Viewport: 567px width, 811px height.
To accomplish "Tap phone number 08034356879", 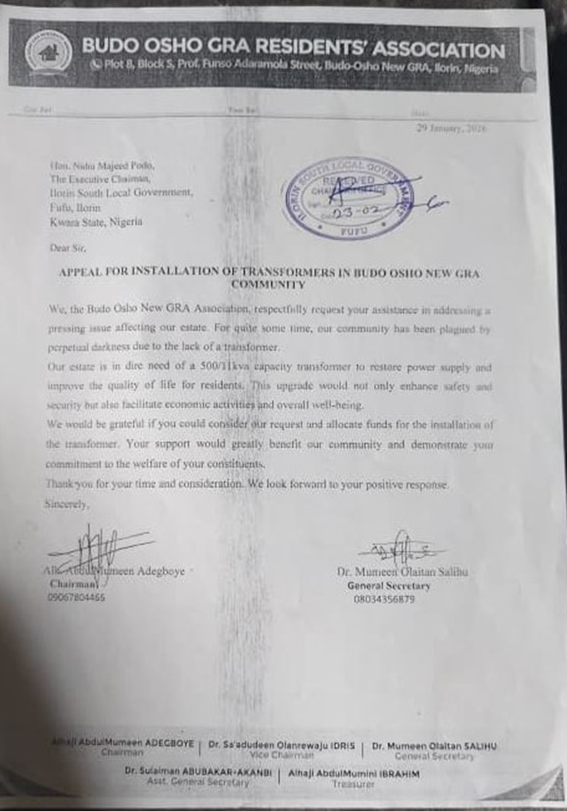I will [384, 599].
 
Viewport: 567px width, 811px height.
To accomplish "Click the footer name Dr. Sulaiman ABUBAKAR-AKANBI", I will [197, 772].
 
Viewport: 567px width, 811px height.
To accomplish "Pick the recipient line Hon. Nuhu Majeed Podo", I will [102, 166].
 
